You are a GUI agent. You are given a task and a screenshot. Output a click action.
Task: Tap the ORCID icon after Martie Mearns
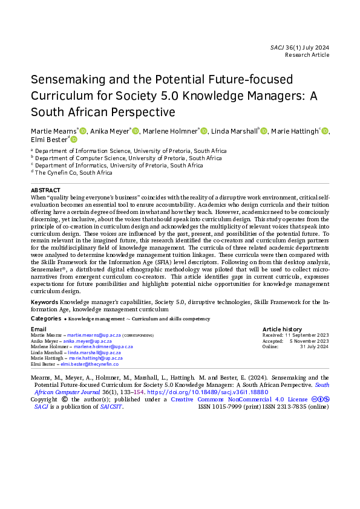point(83,131)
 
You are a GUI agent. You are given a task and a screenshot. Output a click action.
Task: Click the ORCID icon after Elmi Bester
point(74,140)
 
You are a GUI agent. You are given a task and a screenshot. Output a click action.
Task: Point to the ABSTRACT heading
point(45,189)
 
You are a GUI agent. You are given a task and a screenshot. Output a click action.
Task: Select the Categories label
point(45,318)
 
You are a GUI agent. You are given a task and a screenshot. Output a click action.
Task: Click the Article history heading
point(282,329)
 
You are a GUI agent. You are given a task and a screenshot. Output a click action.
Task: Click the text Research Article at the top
point(307,55)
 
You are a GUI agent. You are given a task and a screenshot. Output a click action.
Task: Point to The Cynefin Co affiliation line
point(74,172)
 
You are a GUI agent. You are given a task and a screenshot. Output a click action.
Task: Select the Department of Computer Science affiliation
point(128,158)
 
